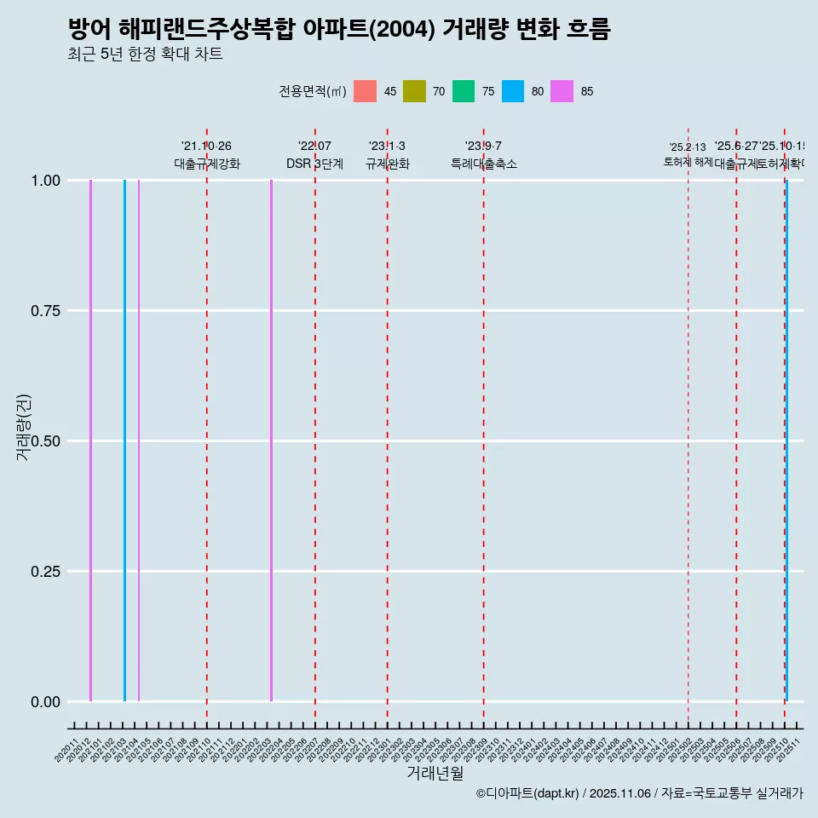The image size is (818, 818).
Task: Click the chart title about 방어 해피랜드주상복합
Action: pyautogui.click(x=339, y=29)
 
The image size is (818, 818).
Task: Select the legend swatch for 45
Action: pyautogui.click(x=365, y=91)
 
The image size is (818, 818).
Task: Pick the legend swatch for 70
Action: pyautogui.click(x=414, y=91)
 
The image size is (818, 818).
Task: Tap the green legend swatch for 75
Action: pyautogui.click(x=464, y=91)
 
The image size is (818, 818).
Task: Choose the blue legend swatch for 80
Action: pyautogui.click(x=513, y=91)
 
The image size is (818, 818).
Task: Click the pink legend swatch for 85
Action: pyautogui.click(x=562, y=91)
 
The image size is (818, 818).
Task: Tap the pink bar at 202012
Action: pyautogui.click(x=90, y=441)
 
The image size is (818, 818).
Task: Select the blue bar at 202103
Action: pyautogui.click(x=124, y=441)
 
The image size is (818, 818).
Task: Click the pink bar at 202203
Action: pyautogui.click(x=271, y=441)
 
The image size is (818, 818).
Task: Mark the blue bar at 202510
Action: pyautogui.click(x=786, y=441)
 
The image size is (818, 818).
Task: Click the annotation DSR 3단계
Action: pyautogui.click(x=314, y=164)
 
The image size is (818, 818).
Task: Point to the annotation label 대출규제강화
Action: pyautogui.click(x=207, y=164)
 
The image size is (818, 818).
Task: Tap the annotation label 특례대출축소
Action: pyautogui.click(x=484, y=164)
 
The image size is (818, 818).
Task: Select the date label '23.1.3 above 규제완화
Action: pyautogui.click(x=387, y=147)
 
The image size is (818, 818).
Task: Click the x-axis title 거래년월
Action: pyautogui.click(x=435, y=774)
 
